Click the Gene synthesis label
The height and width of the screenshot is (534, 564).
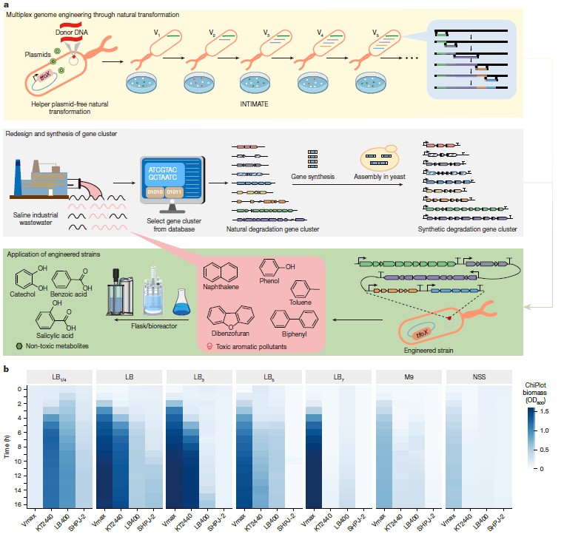[x=313, y=178]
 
